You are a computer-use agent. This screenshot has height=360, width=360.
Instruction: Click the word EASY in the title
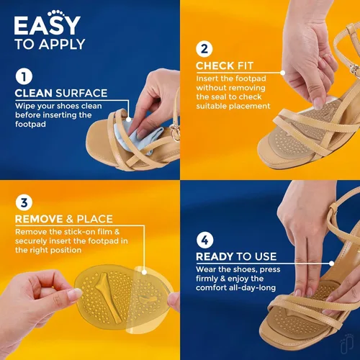(x=47, y=25)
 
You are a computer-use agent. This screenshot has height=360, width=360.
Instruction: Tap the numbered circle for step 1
(x=24, y=76)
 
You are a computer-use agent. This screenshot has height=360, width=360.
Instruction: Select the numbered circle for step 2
(x=204, y=49)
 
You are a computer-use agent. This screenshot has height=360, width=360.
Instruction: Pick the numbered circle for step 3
(x=24, y=202)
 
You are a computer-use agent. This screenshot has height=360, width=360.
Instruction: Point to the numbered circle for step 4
(x=204, y=240)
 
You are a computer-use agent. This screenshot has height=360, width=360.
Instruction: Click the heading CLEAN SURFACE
(x=61, y=93)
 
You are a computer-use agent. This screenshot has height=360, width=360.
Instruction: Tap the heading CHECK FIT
(x=225, y=66)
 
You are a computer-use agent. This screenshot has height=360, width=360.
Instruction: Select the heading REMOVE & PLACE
(x=64, y=219)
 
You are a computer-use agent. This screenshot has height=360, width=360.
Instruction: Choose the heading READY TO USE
(x=236, y=256)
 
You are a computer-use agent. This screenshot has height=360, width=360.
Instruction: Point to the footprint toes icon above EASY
(x=55, y=14)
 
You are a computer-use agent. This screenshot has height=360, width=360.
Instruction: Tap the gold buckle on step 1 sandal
(x=175, y=132)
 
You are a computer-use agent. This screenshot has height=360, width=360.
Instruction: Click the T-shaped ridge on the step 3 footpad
(x=107, y=297)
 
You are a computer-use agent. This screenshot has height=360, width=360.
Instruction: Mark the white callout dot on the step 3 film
(x=144, y=272)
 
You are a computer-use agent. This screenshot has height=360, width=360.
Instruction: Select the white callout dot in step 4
(x=332, y=264)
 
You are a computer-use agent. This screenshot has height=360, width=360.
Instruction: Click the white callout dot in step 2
(x=283, y=73)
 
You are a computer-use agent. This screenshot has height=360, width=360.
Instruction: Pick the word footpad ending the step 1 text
(x=30, y=124)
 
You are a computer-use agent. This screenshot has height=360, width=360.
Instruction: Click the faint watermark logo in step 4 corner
(x=347, y=344)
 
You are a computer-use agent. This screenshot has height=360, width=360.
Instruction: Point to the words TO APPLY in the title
(x=50, y=45)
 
